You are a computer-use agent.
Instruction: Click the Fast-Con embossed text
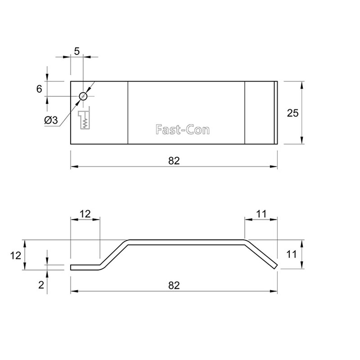182,130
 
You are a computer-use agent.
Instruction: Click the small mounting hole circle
83,96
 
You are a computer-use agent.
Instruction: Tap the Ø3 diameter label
51,120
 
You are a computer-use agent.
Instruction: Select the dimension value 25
293,113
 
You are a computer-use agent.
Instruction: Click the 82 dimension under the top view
174,161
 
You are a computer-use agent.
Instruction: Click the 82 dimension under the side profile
174,285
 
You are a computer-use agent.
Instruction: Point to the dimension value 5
77,51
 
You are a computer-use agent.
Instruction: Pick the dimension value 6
39,89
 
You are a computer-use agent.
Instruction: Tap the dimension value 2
41,285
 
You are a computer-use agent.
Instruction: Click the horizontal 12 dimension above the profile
85,214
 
